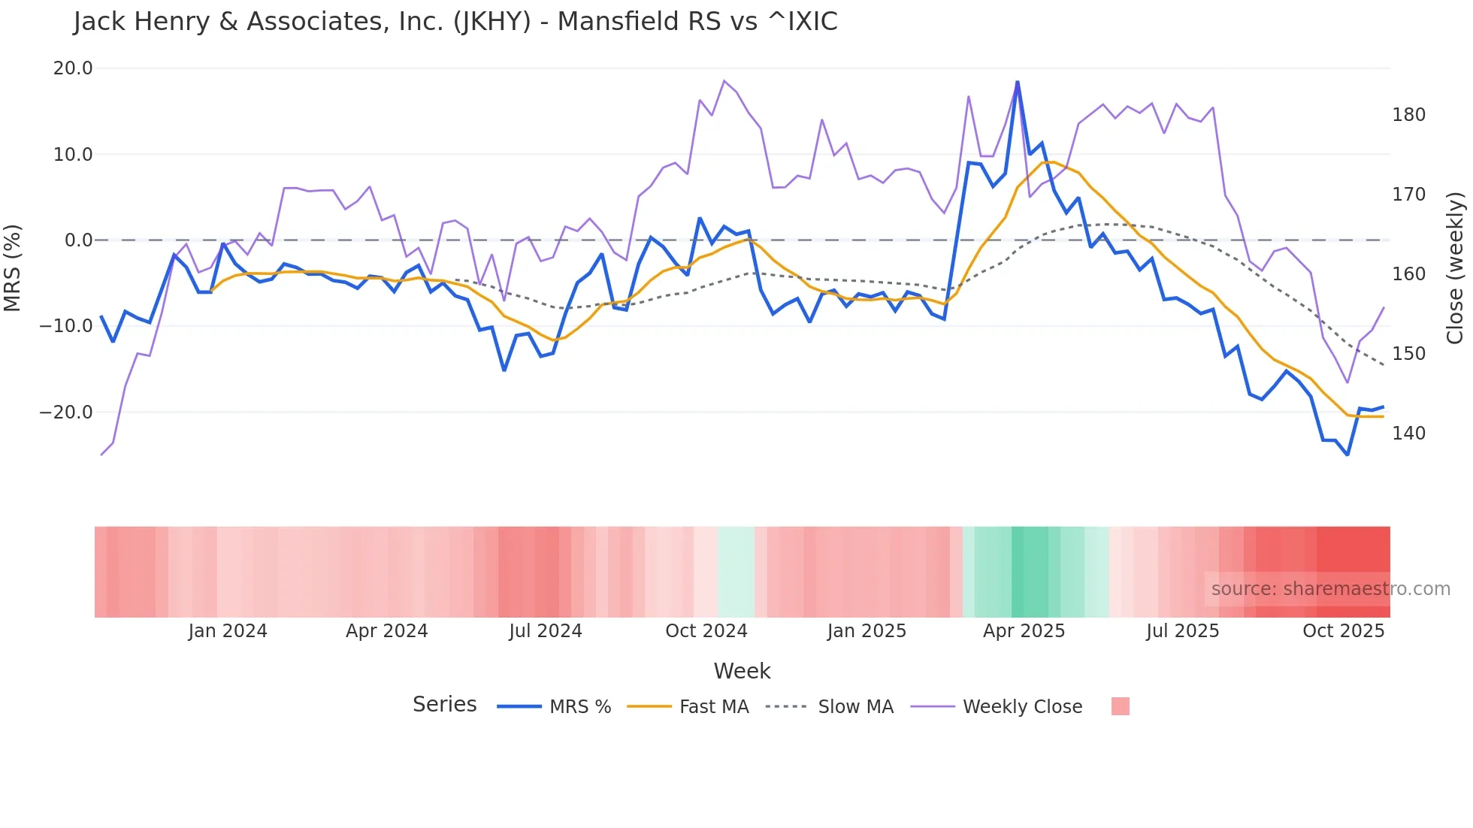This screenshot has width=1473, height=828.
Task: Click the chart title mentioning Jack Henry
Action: point(455,22)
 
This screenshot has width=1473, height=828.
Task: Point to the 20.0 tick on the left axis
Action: point(73,68)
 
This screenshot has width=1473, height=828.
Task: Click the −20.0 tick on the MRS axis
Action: point(66,412)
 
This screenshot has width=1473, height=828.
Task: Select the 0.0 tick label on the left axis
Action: point(78,240)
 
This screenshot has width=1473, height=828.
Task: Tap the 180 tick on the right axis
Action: point(1408,115)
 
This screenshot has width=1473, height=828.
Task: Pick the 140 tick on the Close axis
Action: point(1408,434)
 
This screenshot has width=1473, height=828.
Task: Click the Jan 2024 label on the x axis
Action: point(228,631)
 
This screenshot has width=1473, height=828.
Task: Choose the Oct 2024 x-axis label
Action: point(706,631)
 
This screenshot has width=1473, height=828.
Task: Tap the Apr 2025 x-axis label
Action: point(1024,631)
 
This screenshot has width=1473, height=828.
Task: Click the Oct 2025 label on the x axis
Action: point(1343,631)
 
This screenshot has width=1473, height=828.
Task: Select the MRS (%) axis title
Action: point(13,267)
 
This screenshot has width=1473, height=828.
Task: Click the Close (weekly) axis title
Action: point(1455,267)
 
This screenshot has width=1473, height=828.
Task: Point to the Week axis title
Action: point(742,671)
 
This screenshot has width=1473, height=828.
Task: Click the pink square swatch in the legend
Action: point(1120,706)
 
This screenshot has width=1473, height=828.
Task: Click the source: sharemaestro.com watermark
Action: point(1330,589)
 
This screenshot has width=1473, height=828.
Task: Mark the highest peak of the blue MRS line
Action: point(1018,82)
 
